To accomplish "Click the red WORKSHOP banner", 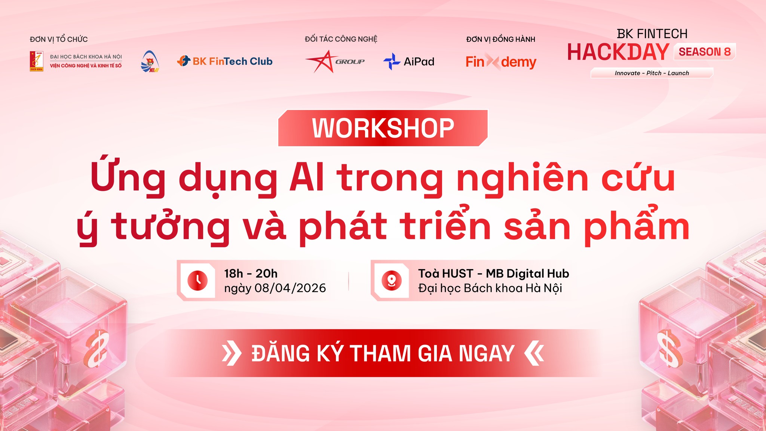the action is pos(383,128).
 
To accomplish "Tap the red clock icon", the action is pos(197,280).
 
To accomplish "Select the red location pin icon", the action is pos(392,280).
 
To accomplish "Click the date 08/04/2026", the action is pos(290,288).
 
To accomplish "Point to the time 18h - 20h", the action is pos(251,273).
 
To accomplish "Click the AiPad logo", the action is pos(409,61).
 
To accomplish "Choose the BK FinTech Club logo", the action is pos(225,61).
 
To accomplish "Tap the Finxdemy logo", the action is pos(501,61).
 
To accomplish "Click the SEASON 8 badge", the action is pos(705,52).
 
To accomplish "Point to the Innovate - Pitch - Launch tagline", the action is pos(652,73).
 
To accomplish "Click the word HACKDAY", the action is pos(618,52).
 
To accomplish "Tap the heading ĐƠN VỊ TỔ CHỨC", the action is pos(59,39).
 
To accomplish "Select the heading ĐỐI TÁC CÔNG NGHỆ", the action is pos(341,39).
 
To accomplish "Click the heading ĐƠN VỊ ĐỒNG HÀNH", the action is pos(501,39).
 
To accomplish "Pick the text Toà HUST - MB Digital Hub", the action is pos(494,273).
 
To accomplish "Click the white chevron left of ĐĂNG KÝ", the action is pos(232,354).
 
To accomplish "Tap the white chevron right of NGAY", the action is pos(534,354).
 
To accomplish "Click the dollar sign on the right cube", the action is pos(670,348).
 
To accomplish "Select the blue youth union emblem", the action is pos(150,61).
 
